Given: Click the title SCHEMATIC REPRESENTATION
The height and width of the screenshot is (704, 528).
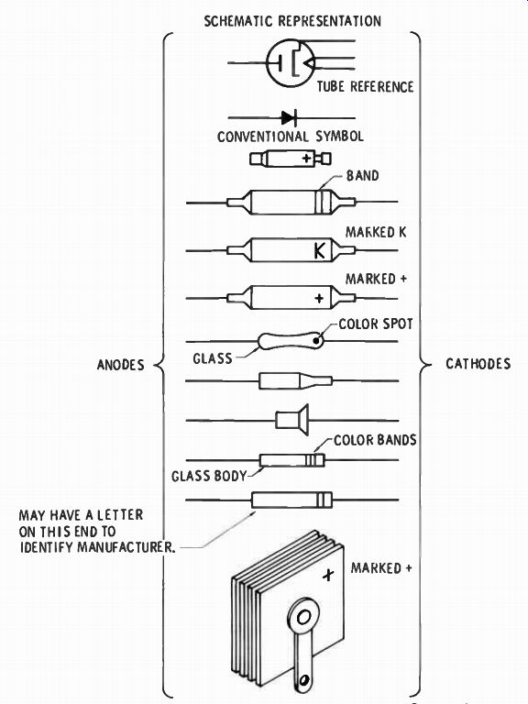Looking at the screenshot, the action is tap(292, 21).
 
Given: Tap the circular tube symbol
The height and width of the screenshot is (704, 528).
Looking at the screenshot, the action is tap(267, 63).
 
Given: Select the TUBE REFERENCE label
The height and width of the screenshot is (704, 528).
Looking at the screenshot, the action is tap(365, 86).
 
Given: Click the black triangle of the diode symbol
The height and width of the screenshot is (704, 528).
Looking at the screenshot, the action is tap(288, 118).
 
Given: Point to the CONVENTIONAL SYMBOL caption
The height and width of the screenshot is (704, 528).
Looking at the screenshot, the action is tap(290, 136).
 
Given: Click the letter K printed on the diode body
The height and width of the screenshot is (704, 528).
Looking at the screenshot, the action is tap(319, 250).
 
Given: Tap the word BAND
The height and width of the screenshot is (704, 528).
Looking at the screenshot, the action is tap(362, 175).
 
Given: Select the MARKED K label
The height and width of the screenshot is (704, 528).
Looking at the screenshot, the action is tap(376, 232).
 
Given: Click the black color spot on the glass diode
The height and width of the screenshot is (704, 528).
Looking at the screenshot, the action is tap(316, 341).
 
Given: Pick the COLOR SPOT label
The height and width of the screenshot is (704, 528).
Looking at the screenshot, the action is tap(375, 324).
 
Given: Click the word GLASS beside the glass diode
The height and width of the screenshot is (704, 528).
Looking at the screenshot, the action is tap(213, 358).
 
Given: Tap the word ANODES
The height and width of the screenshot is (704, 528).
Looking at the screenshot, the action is tap(121, 365).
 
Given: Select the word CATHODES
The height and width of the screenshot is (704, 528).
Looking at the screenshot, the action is tap(478, 363).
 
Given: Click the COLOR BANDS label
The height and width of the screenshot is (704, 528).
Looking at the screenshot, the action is tap(375, 440).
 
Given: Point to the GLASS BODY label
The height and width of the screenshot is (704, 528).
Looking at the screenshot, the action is tap(209, 476).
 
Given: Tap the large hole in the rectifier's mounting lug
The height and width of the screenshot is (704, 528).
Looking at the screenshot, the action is tap(303, 617).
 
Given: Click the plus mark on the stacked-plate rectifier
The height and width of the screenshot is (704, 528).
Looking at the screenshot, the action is tap(329, 574).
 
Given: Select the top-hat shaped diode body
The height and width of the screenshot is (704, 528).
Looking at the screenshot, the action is tap(291, 420).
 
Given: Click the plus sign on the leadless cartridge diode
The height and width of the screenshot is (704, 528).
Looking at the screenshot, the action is tap(307, 158).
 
